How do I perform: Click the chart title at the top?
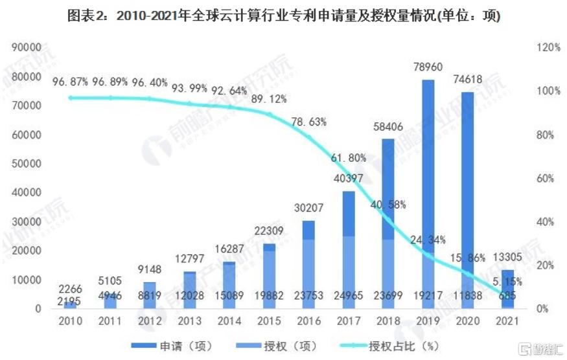[284, 16]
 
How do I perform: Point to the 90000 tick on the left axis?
[27, 48]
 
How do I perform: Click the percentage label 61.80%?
[349, 157]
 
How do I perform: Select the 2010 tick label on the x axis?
[69, 321]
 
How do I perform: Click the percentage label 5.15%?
[506, 282]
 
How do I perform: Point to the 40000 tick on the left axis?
[27, 192]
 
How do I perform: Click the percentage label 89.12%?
[270, 99]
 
